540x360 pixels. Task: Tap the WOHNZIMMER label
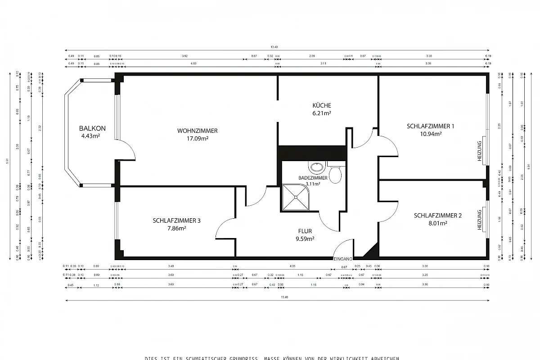click(198, 130)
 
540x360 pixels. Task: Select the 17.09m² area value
click(198, 139)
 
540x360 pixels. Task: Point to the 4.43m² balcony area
click(90, 136)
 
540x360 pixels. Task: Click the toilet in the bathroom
click(335, 173)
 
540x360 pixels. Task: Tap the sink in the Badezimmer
click(317, 167)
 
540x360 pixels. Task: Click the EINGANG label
click(342, 259)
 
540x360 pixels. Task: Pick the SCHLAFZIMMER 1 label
click(430, 126)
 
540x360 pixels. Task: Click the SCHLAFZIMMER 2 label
click(437, 215)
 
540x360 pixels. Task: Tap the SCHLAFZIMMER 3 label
click(176, 220)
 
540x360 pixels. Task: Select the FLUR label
click(305, 231)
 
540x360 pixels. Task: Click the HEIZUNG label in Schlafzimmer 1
click(480, 151)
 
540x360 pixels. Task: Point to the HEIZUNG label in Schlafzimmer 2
click(480, 220)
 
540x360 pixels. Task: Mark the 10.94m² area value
click(430, 134)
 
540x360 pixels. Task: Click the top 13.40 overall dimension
click(274, 47)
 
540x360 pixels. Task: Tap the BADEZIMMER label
click(313, 178)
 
